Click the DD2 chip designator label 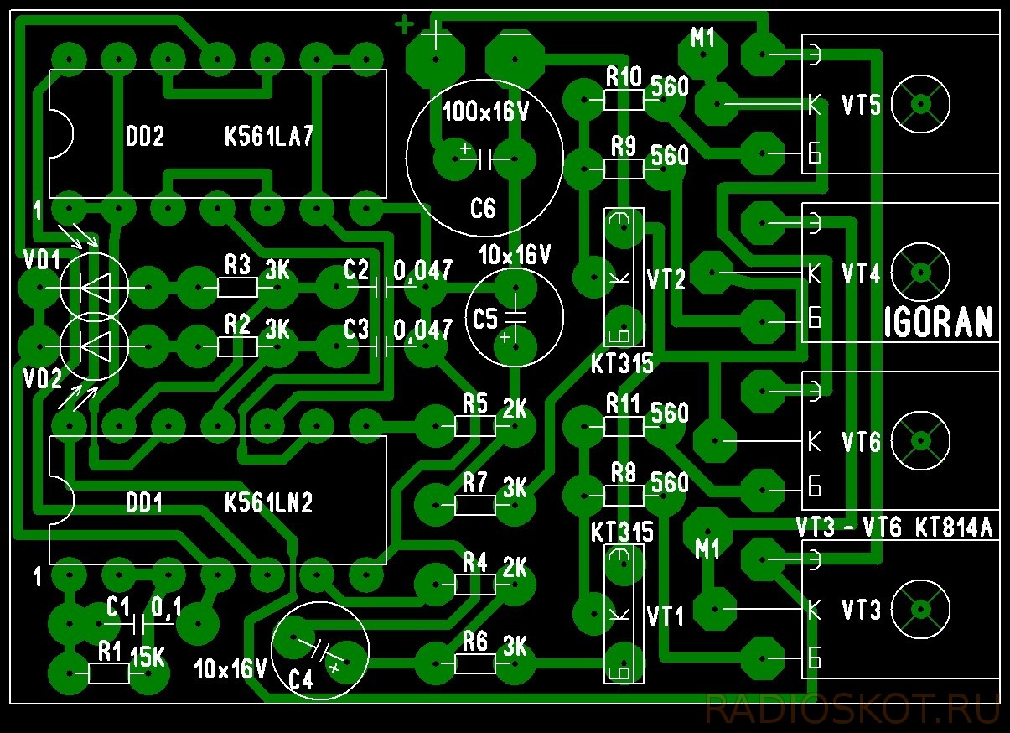click(145, 136)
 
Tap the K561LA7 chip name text click(269, 136)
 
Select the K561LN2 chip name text click(269, 502)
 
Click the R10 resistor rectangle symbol click(624, 100)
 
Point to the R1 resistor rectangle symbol click(109, 674)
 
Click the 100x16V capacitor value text click(485, 112)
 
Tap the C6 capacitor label click(483, 208)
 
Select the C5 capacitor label click(485, 319)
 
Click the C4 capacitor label click(301, 680)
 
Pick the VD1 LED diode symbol click(94, 287)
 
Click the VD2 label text click(43, 378)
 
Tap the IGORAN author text click(938, 322)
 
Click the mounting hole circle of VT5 click(921, 105)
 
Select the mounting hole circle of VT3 click(921, 610)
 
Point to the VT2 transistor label click(666, 279)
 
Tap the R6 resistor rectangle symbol click(475, 663)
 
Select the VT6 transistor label click(861, 442)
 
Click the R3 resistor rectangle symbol click(237, 287)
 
